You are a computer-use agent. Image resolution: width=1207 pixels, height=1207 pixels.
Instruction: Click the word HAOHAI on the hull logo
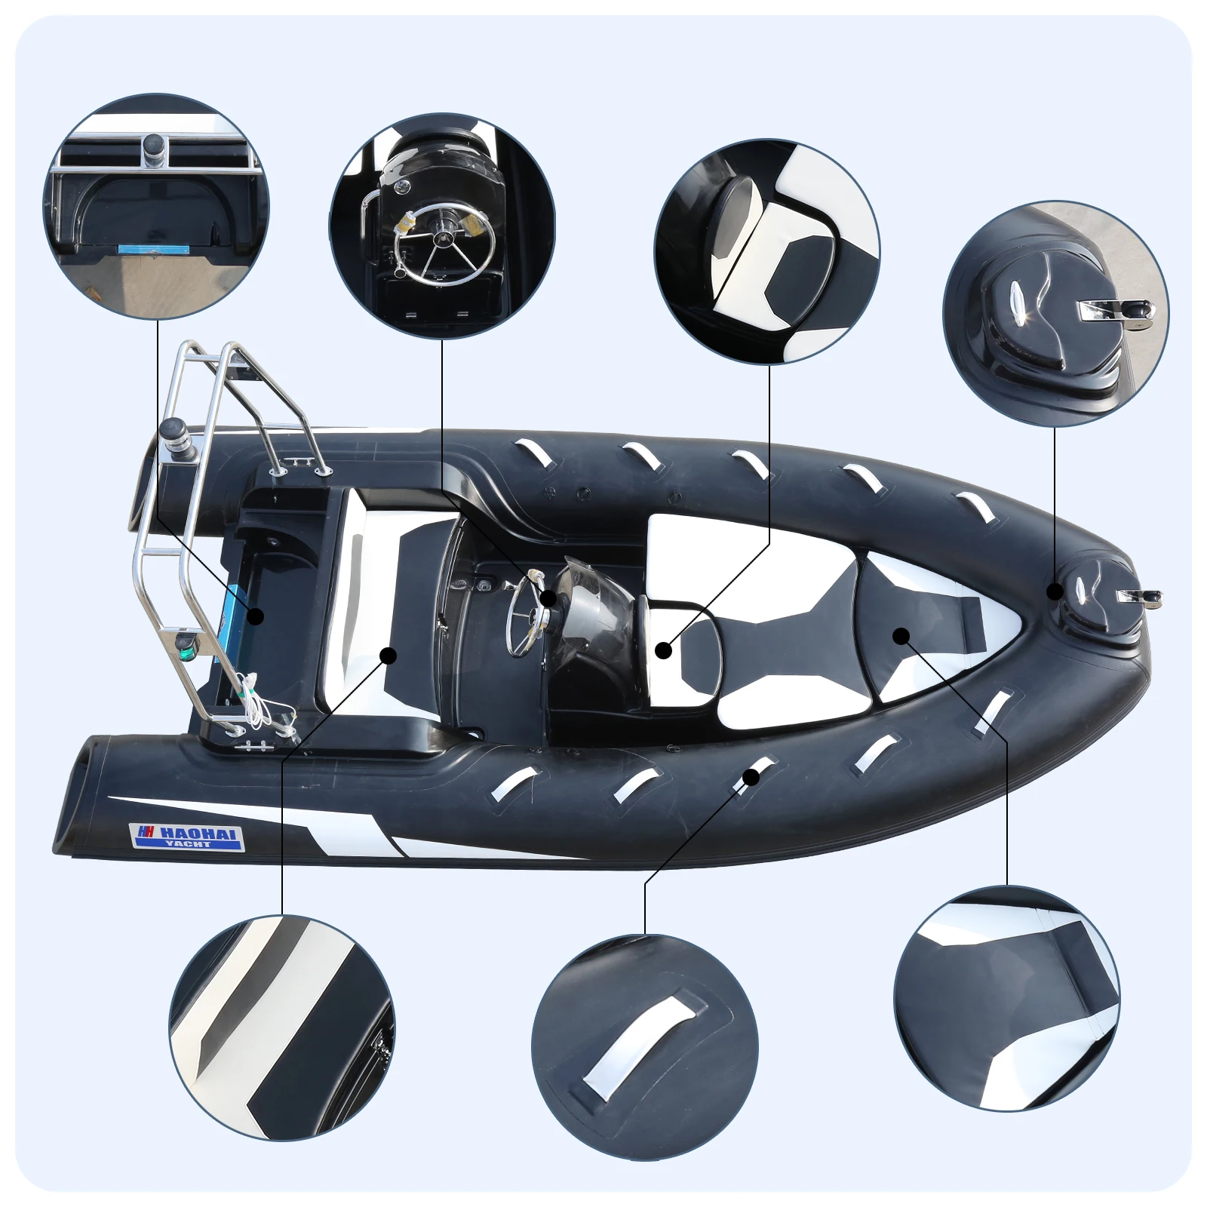tap(200, 833)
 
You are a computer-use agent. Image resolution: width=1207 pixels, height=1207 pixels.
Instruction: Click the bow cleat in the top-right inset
tap(1116, 310)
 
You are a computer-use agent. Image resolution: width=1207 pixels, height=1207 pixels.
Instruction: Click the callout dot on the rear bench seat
tap(388, 655)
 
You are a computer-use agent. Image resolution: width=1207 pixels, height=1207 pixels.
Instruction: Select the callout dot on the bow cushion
tap(900, 635)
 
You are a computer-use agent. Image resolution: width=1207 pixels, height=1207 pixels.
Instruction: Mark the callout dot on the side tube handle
tap(751, 775)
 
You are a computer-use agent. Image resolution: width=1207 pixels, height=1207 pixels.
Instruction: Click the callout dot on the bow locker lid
tap(1055, 591)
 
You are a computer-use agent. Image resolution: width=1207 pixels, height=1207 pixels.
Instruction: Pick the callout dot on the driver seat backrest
tap(664, 649)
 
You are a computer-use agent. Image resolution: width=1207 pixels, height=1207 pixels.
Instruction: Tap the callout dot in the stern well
tap(256, 616)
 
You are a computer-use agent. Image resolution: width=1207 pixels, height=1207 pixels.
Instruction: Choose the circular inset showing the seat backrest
tap(766, 251)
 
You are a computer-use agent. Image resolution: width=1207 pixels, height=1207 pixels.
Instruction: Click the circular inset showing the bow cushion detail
tap(1006, 998)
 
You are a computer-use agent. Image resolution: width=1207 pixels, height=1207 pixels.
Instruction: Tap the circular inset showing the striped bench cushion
tap(281, 1027)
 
